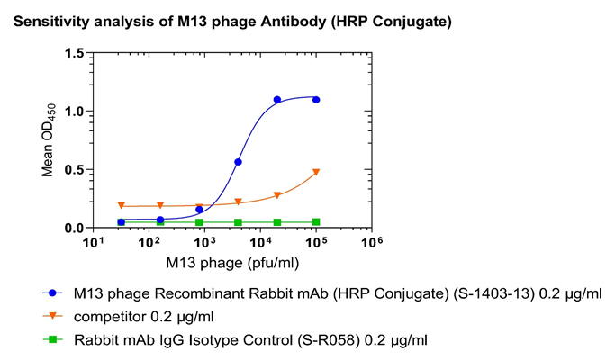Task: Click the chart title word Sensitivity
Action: pos(51,22)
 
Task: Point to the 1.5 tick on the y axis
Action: pos(75,53)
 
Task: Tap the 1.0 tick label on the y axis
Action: pos(75,112)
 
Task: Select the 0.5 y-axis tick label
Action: pos(75,170)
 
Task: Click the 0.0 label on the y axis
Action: pos(75,229)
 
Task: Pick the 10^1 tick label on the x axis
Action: pos(94,243)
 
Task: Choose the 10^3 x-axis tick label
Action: pos(204,243)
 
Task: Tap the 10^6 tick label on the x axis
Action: pos(372,243)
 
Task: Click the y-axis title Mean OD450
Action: pos(49,140)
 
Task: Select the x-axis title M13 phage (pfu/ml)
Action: pos(232,263)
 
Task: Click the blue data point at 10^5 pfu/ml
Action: pos(316,100)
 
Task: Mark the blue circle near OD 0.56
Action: pos(238,162)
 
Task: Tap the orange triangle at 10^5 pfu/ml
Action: pos(316,172)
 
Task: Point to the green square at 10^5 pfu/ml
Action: pos(316,222)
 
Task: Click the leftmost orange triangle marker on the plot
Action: pos(122,205)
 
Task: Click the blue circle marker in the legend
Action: pos(52,292)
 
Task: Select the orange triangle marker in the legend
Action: pos(52,316)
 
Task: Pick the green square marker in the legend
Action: pos(52,339)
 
